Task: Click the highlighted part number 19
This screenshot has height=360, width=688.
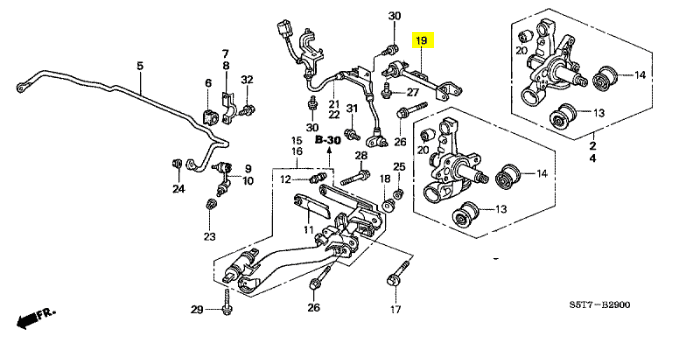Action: (421, 41)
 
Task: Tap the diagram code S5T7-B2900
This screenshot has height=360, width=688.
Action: (600, 305)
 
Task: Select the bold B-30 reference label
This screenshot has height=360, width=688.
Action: (328, 140)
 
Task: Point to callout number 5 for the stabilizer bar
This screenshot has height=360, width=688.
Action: (140, 66)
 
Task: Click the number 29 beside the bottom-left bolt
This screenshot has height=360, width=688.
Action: (197, 310)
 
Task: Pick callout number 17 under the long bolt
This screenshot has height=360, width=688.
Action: (396, 310)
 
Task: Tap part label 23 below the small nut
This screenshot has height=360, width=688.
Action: (210, 237)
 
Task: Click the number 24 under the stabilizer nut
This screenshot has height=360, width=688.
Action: (179, 189)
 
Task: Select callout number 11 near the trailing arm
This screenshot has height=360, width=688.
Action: (308, 229)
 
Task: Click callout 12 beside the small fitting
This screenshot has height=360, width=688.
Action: (286, 180)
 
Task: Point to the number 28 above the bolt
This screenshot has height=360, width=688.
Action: (361, 155)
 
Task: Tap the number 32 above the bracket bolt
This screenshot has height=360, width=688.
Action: (247, 79)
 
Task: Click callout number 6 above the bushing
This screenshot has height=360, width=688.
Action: (208, 83)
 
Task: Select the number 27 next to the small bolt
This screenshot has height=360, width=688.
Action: (413, 93)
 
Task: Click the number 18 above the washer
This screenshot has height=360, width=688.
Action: (385, 179)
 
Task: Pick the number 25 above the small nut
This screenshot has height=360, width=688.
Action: (399, 167)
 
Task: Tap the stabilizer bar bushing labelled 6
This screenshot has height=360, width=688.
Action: (209, 117)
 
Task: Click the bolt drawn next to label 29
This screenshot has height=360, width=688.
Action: (227, 302)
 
